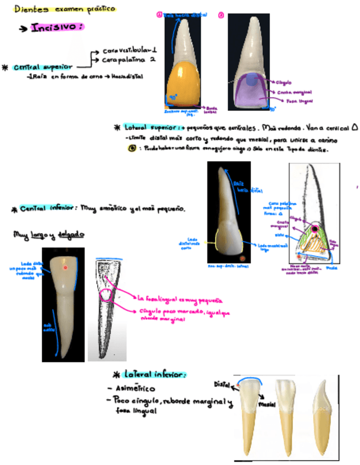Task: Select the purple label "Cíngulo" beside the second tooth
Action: click(x=284, y=81)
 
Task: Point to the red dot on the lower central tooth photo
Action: click(x=65, y=267)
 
